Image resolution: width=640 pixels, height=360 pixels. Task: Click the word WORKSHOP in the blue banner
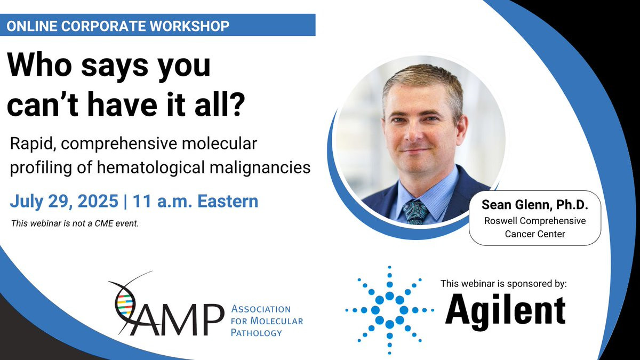[x=190, y=26]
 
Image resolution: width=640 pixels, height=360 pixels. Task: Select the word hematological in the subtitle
[x=150, y=167]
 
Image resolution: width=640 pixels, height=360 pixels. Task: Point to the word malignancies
[x=260, y=167]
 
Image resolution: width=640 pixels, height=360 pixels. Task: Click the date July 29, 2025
[x=64, y=201]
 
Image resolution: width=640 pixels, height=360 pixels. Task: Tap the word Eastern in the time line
[x=228, y=201]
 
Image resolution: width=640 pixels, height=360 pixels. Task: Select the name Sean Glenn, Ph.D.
[x=535, y=205]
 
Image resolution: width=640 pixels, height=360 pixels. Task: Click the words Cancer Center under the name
[x=535, y=234]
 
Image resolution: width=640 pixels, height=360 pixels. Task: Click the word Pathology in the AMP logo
[x=257, y=333]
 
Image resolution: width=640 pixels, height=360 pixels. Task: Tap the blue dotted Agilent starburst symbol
[x=389, y=310]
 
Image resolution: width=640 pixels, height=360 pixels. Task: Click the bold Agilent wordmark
[x=506, y=313]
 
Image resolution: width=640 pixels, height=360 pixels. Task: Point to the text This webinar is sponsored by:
[x=503, y=283]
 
